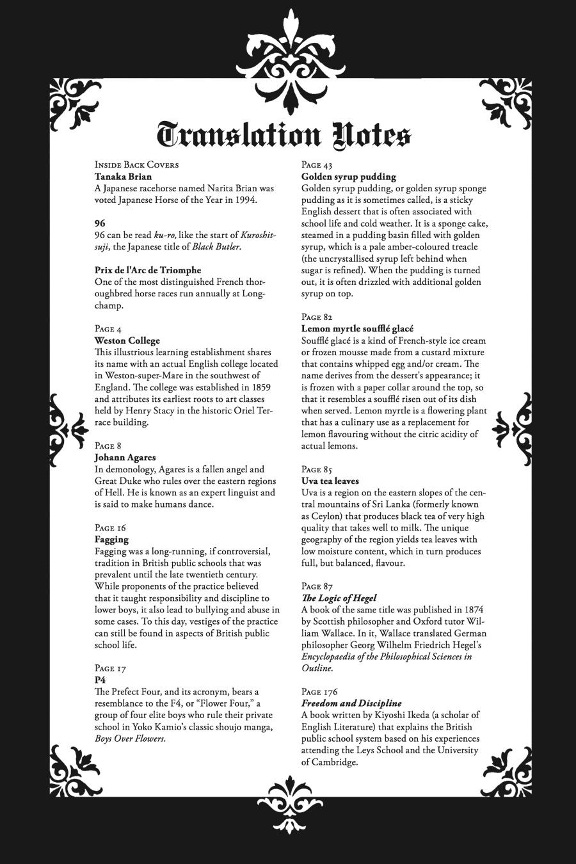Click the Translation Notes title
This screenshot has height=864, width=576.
[284, 135]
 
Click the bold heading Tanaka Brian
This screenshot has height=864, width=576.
[123, 177]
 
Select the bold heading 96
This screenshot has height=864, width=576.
[100, 223]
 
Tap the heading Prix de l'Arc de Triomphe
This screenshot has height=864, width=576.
[148, 270]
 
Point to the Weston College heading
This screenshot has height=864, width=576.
[127, 340]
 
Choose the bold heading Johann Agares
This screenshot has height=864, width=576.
[125, 458]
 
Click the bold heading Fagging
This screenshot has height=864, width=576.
[111, 540]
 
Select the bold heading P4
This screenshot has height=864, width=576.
[100, 680]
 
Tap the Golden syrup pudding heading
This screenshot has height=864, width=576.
[349, 177]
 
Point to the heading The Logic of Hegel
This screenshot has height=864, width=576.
[339, 598]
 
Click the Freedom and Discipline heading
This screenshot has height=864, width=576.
[351, 703]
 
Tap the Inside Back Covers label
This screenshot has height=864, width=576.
[136, 164]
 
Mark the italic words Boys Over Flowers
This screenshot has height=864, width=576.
[129, 739]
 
